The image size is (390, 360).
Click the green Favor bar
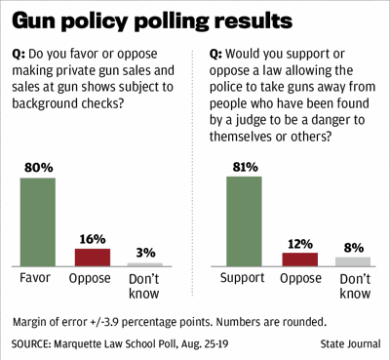[x=38, y=221]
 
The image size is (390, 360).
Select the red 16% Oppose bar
[x=93, y=257]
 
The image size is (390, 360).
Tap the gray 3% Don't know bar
[x=145, y=264]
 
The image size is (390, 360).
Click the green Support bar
[x=245, y=221]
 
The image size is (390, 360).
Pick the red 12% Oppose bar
[x=299, y=260]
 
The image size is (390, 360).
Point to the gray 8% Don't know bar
[x=352, y=261]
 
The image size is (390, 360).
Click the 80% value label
[x=38, y=169]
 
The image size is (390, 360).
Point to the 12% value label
[x=299, y=243]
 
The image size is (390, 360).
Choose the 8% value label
[x=352, y=248]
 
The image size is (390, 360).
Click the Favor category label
[x=38, y=278]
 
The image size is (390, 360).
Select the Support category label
[x=245, y=278]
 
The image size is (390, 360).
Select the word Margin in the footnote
[x=34, y=321]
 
